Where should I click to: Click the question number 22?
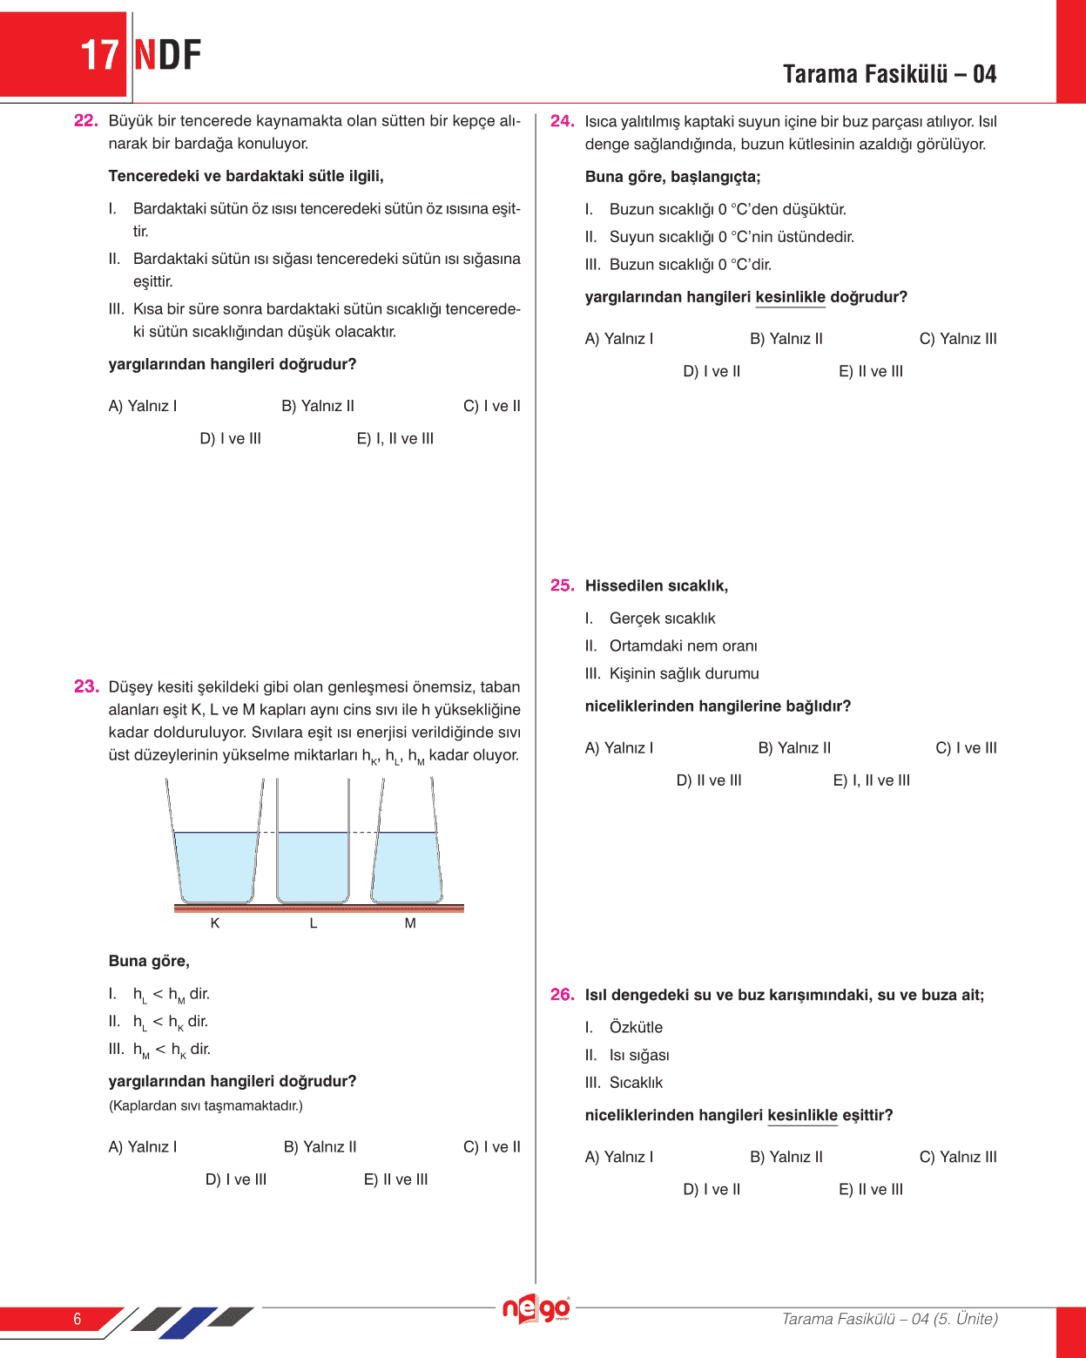tap(85, 121)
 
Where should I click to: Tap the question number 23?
tap(85, 686)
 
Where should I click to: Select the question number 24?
tap(562, 121)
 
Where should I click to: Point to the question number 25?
tap(562, 585)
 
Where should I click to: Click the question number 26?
tap(562, 995)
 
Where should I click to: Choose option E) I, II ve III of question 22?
tap(395, 439)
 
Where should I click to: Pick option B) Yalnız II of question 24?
tap(786, 339)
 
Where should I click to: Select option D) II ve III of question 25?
tap(708, 780)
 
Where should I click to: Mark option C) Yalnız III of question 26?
tap(957, 1157)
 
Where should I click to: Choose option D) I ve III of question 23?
tap(235, 1179)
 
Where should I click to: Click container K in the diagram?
tap(216, 867)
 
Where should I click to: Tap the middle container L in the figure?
tap(313, 867)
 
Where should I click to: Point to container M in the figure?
tap(407, 867)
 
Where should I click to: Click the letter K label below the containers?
tap(215, 923)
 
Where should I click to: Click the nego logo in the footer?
tap(536, 1309)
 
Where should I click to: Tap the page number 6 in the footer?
tap(77, 1319)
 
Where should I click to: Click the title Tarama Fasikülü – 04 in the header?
tap(889, 74)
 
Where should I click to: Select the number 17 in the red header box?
tap(99, 56)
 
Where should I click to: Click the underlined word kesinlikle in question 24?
tap(790, 297)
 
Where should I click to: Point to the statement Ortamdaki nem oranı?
tap(683, 646)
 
